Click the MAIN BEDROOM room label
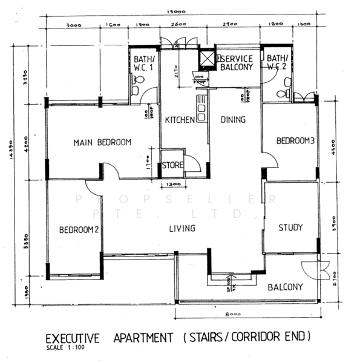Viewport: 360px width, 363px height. [x=102, y=143]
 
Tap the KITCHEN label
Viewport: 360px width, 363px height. [x=180, y=120]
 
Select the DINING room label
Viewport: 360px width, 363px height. [x=232, y=120]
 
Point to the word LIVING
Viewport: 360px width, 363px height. [x=182, y=228]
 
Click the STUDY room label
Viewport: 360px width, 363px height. [x=290, y=227]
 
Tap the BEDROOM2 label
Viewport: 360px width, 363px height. [x=79, y=230]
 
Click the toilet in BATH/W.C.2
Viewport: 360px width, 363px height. [x=283, y=94]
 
